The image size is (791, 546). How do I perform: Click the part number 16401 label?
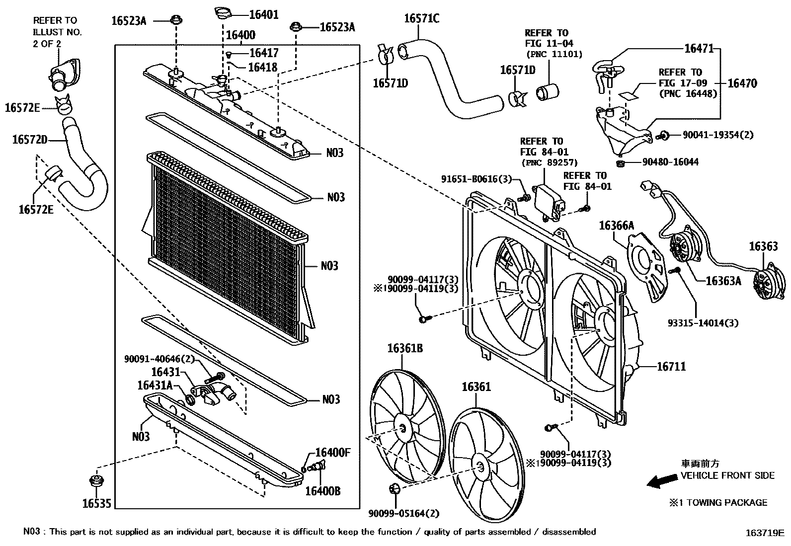263,15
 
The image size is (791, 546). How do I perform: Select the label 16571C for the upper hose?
421,19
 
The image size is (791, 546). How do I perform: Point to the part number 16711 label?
671,367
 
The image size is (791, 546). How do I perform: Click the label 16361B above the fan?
405,348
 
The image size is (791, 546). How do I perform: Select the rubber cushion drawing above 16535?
94,481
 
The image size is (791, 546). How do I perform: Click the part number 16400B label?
322,491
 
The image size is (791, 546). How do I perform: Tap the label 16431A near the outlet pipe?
155,386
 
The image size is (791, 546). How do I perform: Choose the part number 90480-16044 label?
670,162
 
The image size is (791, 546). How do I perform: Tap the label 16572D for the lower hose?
30,140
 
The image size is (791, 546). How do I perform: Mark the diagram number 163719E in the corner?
764,534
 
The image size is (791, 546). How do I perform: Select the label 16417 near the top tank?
263,53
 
